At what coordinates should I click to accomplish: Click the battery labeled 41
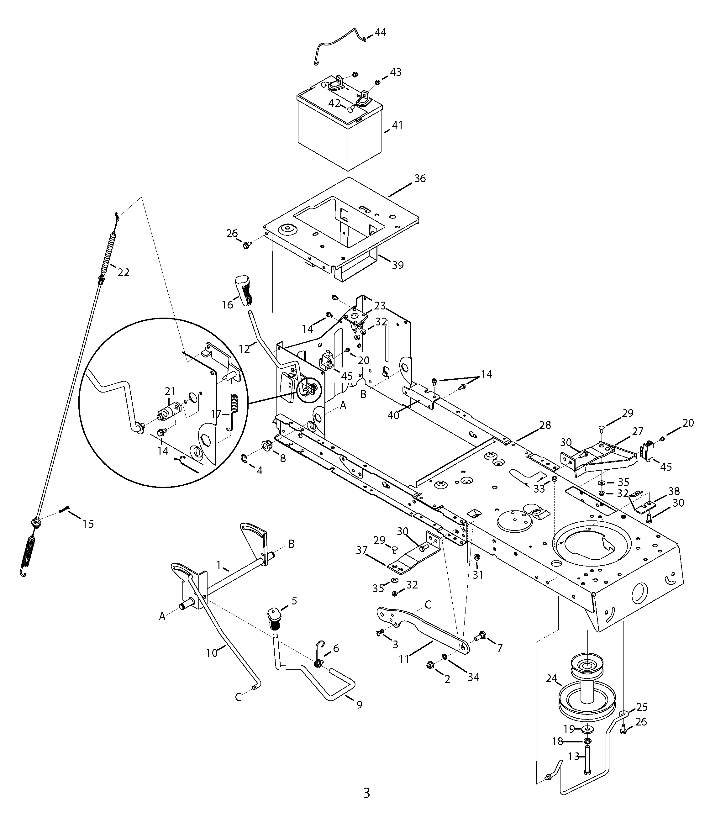coord(339,127)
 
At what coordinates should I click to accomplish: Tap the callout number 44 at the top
coord(380,32)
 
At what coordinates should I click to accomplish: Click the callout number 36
coord(420,178)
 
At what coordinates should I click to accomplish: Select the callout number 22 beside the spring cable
coord(124,272)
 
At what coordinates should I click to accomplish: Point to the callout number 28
coord(545,425)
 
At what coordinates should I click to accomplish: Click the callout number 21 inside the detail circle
coord(170,392)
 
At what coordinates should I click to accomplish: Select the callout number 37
coord(362,551)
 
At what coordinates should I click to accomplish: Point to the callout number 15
coord(88,524)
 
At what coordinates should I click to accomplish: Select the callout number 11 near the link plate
coord(404,659)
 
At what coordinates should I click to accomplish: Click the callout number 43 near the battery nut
coord(396,72)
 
